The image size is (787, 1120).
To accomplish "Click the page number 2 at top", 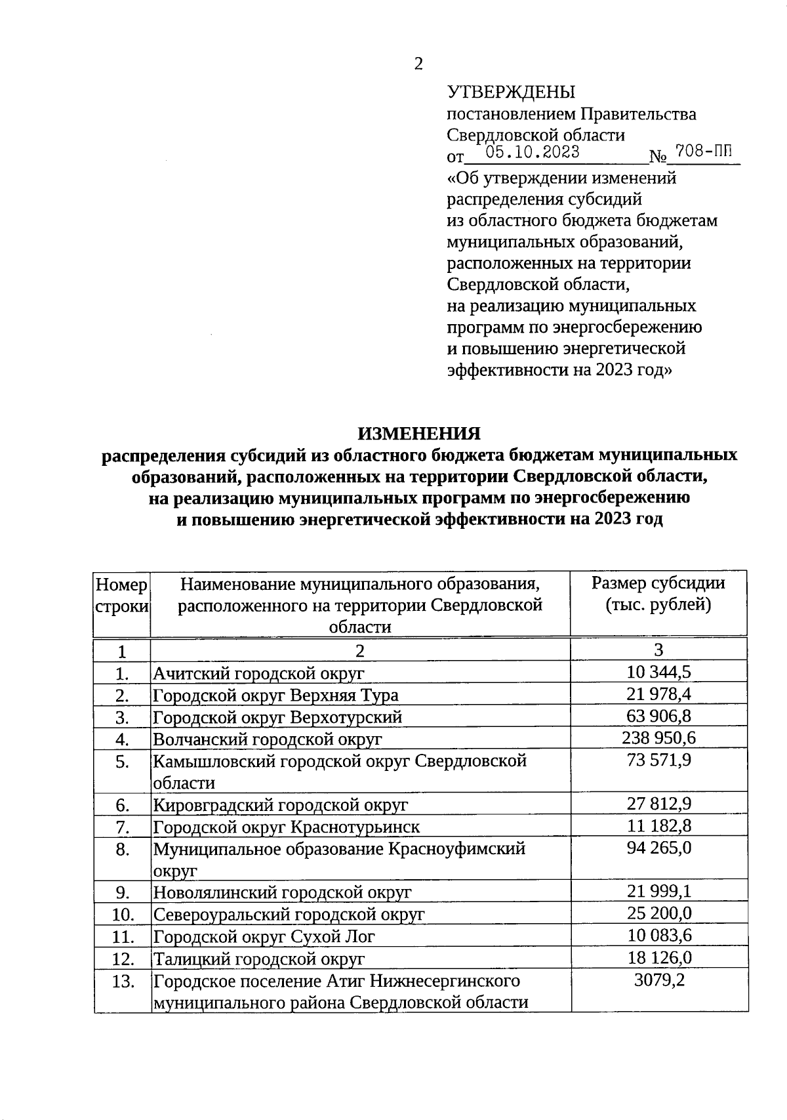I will (418, 64).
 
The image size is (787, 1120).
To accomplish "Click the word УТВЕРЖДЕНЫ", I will (511, 93).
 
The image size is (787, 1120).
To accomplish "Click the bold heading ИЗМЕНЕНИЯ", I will (418, 434).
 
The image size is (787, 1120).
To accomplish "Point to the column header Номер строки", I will (122, 594).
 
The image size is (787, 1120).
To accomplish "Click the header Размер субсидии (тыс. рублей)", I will (658, 593).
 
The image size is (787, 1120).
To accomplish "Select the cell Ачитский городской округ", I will (258, 673).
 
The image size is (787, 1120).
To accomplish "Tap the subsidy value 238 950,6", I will (658, 738).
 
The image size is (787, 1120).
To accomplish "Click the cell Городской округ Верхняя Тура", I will (275, 695).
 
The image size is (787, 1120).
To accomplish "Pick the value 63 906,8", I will (658, 716).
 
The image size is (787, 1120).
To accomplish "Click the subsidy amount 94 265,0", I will (658, 848).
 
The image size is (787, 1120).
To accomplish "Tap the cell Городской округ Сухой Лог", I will (264, 936).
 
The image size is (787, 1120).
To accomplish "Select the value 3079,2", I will (658, 981).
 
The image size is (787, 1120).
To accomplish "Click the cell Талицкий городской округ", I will (258, 959).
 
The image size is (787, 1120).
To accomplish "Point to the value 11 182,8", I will (658, 826).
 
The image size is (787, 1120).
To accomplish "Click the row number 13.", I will (123, 982).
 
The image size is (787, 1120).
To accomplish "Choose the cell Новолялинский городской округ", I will (282, 892).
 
